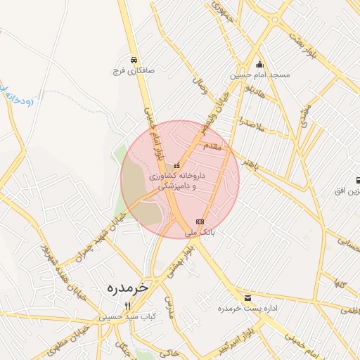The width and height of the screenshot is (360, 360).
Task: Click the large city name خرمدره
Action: click(130, 288)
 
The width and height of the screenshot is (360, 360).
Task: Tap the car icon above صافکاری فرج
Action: click(134, 60)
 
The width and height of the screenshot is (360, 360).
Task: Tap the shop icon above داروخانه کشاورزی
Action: click(176, 166)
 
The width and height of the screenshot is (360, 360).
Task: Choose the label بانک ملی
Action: click(198, 231)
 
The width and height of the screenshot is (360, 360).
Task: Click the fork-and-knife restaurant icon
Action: click(127, 306)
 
